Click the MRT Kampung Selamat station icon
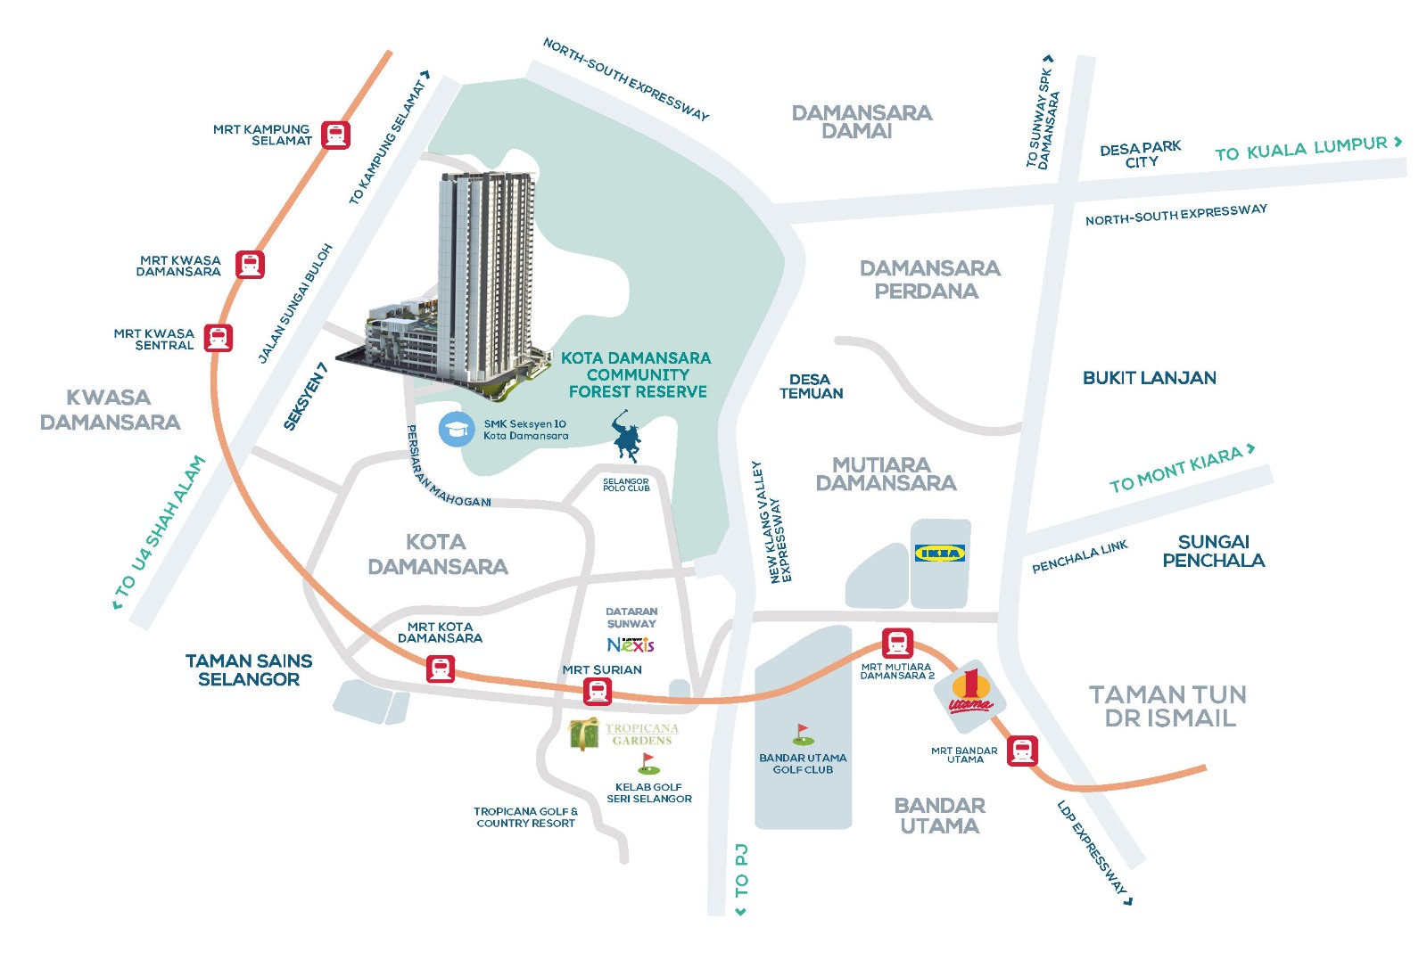(335, 135)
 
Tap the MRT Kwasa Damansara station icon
(250, 265)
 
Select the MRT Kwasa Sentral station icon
(219, 338)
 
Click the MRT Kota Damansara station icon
(440, 669)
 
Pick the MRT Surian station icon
(598, 690)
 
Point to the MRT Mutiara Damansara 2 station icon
(897, 643)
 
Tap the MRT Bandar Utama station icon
(1022, 751)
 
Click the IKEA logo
(940, 554)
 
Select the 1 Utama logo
(970, 692)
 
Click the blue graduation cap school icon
(457, 429)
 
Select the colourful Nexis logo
(631, 644)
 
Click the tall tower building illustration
(486, 276)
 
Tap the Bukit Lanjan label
(1149, 378)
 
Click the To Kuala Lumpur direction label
(1308, 148)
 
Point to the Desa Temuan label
(811, 386)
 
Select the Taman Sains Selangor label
(249, 669)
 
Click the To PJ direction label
(741, 879)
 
